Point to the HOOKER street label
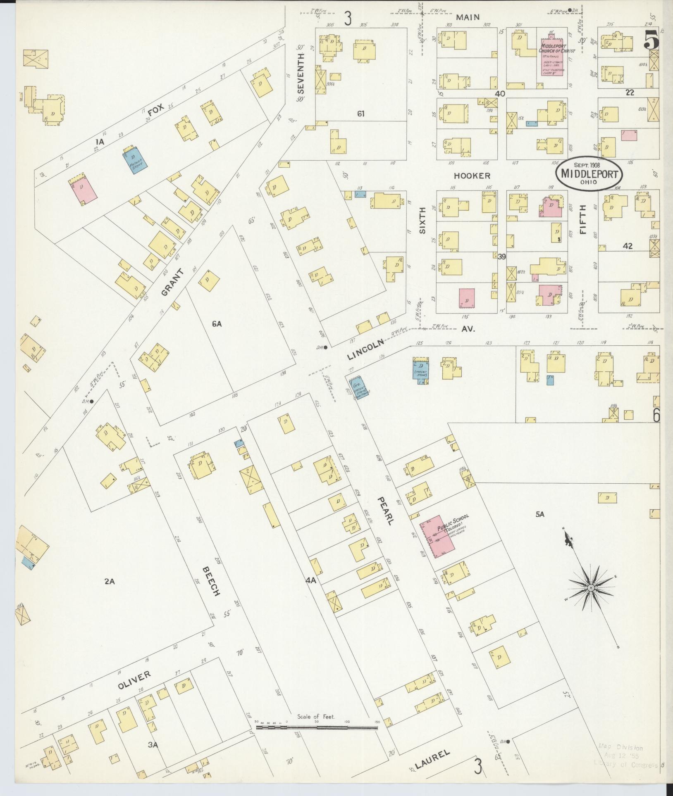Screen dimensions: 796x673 point(472,176)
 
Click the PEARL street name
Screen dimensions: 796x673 point(384,511)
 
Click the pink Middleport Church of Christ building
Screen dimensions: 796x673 point(553,58)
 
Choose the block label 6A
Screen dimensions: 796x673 point(217,324)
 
